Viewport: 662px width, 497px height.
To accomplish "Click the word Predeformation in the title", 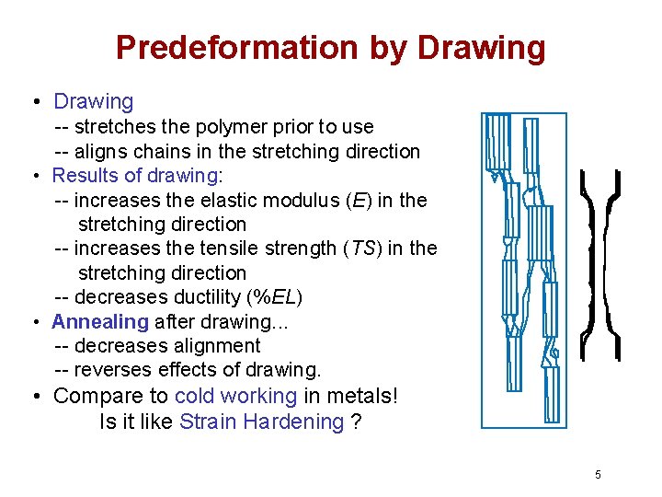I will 234,48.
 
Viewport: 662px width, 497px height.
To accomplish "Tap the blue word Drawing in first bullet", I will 94,101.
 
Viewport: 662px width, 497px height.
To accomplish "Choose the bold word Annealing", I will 100,321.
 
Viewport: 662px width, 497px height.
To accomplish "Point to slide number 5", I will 598,475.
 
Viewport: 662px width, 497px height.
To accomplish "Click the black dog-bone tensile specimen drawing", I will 600,264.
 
